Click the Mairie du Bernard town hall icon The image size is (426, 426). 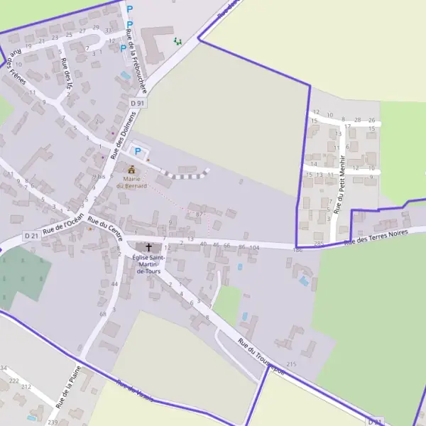131,170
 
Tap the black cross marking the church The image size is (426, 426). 148,247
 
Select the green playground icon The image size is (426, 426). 177,41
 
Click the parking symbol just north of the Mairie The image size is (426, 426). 138,152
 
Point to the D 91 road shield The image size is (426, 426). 138,104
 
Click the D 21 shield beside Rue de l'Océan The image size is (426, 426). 31,235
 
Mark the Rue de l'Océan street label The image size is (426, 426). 64,224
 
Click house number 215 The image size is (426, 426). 291,364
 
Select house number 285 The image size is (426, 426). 319,244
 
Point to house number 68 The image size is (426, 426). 103,313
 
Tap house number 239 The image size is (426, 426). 53,422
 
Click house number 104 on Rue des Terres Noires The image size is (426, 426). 254,246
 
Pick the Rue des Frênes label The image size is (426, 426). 16,72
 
